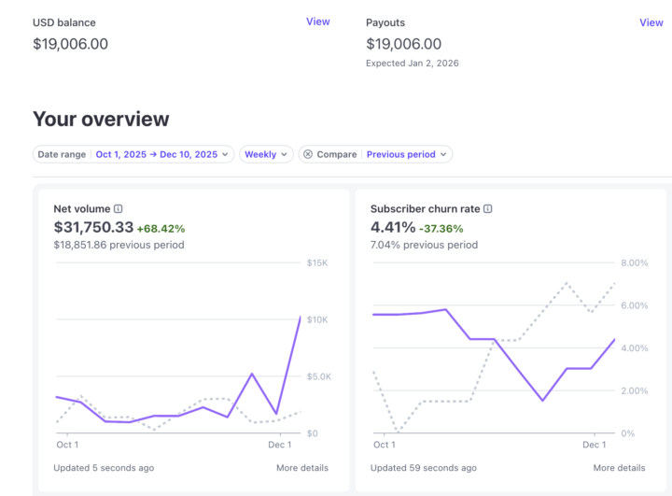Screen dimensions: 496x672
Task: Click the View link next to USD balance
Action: [x=317, y=21]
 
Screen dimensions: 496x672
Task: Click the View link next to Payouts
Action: [x=651, y=22]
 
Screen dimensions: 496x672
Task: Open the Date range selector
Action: [x=133, y=154]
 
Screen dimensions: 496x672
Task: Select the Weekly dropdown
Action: [x=266, y=154]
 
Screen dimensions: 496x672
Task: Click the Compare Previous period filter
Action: [x=375, y=154]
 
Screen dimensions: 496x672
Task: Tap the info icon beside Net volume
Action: [x=119, y=209]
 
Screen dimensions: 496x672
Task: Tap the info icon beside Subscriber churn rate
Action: [x=488, y=209]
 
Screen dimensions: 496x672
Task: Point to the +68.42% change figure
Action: [x=161, y=228]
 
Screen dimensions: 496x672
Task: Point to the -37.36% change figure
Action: [x=441, y=228]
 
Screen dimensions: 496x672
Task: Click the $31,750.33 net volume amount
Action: [x=93, y=227]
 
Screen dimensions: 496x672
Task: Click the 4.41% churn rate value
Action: [x=392, y=227]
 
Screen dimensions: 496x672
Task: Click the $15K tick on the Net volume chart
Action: [x=317, y=262]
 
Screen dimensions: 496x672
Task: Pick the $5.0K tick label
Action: [x=317, y=376]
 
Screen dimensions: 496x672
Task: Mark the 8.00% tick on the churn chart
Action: [x=635, y=262]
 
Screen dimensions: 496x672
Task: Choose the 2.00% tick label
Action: [x=635, y=390]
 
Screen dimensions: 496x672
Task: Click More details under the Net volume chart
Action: [x=302, y=467]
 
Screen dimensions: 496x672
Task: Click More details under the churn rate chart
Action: [x=619, y=467]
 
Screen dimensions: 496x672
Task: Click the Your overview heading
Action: [x=101, y=119]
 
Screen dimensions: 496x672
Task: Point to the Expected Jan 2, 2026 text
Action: [x=413, y=64]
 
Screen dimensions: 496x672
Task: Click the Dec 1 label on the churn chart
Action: [x=595, y=445]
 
